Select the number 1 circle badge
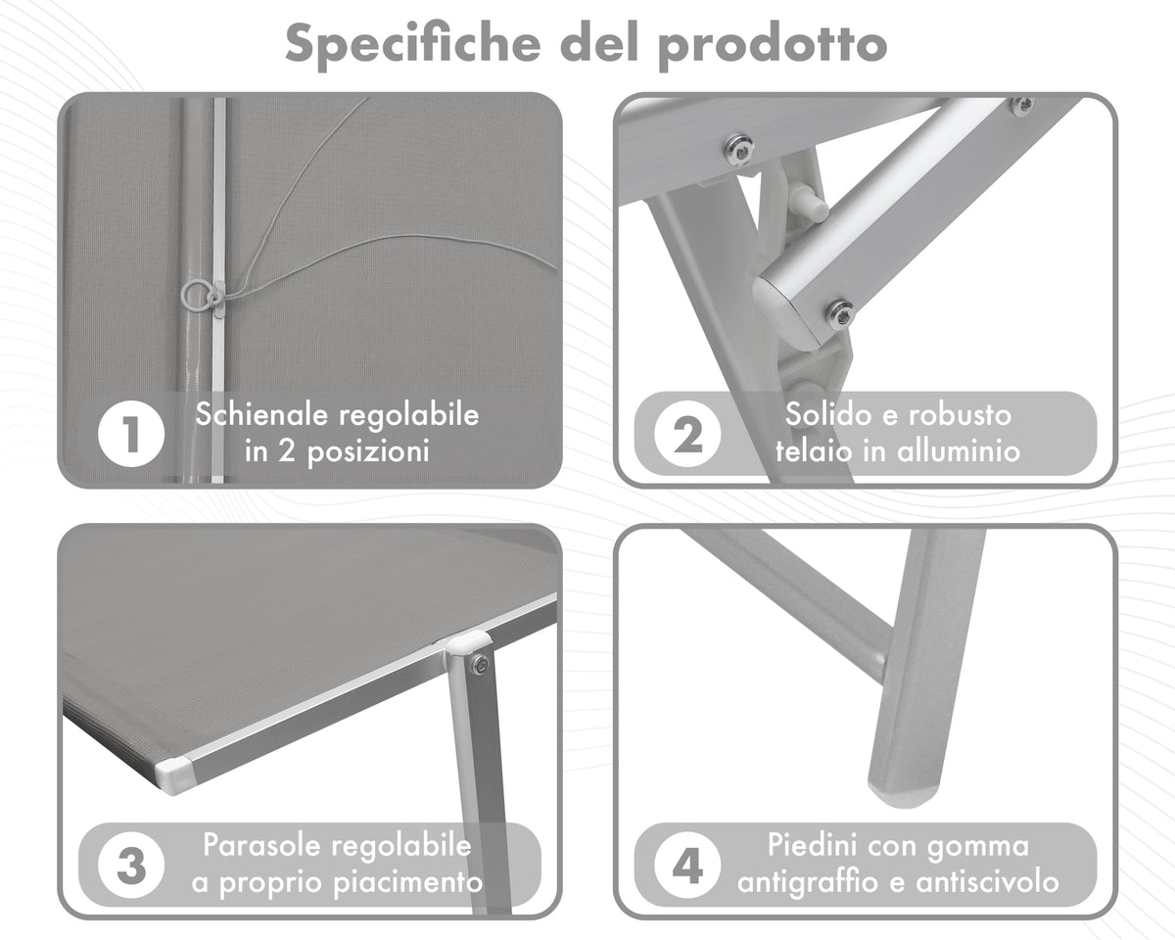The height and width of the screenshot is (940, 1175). click(131, 434)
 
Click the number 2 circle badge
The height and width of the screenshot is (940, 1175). click(687, 434)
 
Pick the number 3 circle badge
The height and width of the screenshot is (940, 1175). click(131, 866)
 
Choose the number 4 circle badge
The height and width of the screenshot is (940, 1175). click(687, 866)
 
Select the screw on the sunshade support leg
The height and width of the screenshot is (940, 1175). click(481, 665)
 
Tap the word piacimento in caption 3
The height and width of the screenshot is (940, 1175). click(408, 883)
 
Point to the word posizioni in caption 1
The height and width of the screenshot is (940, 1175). click(368, 452)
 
